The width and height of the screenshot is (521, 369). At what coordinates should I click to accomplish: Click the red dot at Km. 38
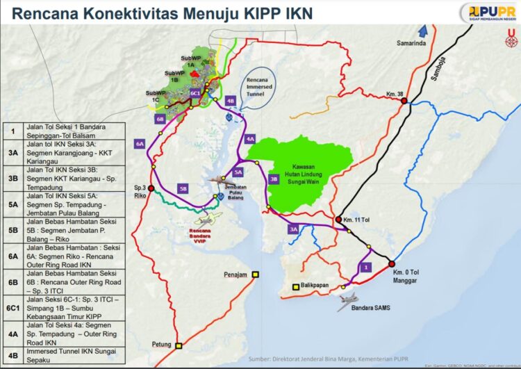404,101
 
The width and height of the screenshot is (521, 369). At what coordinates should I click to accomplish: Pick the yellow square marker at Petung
179,345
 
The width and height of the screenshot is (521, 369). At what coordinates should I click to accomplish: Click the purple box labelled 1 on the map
366,266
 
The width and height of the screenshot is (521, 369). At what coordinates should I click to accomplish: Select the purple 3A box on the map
295,228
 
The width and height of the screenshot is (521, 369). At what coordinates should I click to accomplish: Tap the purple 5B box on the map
183,188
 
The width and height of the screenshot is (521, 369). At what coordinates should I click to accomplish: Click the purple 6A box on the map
139,144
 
